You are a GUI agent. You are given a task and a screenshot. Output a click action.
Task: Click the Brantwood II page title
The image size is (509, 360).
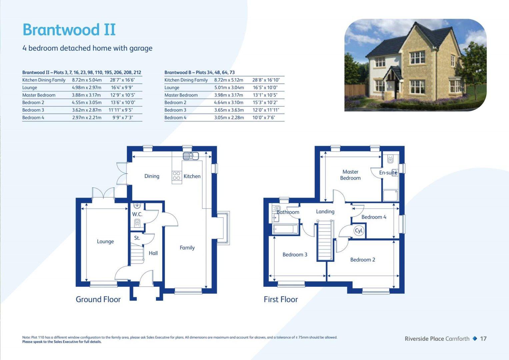point(69,30)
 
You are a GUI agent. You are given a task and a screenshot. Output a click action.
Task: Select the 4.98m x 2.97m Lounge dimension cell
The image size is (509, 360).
point(87,88)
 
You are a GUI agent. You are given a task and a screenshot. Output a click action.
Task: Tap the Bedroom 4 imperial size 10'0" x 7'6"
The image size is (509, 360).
point(264,118)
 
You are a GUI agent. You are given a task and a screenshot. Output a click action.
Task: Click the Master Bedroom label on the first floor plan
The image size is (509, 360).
point(350,175)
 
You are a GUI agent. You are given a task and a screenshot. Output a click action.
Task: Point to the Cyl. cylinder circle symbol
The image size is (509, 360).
point(359,231)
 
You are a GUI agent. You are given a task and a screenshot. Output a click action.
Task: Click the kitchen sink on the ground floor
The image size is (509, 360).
point(191,156)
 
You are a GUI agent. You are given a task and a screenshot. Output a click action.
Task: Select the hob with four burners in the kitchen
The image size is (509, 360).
point(176,176)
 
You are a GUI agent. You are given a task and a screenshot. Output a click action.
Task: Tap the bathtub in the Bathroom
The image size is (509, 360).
point(285,229)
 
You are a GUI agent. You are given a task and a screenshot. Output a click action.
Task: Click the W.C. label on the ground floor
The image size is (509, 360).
point(137,214)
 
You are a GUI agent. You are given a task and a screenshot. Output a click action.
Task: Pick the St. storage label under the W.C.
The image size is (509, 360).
point(137,238)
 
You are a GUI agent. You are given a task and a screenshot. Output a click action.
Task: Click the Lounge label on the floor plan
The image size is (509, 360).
point(105,242)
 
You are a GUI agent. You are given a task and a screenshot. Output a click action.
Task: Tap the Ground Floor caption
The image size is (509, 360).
point(98,299)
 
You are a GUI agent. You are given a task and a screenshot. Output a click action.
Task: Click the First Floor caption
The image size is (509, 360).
point(281,299)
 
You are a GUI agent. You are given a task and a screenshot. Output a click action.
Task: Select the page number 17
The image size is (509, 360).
point(483,339)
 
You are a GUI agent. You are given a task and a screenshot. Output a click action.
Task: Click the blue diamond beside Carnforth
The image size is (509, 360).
point(475,339)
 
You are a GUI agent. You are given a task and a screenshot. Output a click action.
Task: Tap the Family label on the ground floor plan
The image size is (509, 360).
point(187,248)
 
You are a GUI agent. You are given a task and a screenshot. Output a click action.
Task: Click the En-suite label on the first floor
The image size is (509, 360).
point(388,173)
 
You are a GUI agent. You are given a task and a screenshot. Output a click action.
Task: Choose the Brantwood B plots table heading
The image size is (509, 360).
point(199,72)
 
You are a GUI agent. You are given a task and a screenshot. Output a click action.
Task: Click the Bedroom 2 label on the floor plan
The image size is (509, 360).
point(363,260)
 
